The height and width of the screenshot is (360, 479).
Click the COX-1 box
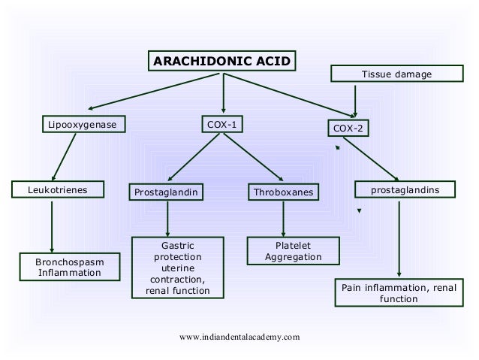click(224, 124)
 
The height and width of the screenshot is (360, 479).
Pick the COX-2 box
click(348, 129)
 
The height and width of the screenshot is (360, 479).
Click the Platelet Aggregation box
click(293, 252)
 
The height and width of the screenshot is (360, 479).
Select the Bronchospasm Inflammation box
click(71, 267)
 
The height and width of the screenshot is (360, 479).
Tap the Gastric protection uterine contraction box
click(177, 268)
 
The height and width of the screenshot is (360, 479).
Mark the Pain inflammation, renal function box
click(399, 293)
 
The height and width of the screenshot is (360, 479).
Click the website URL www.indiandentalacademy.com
click(239, 337)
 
